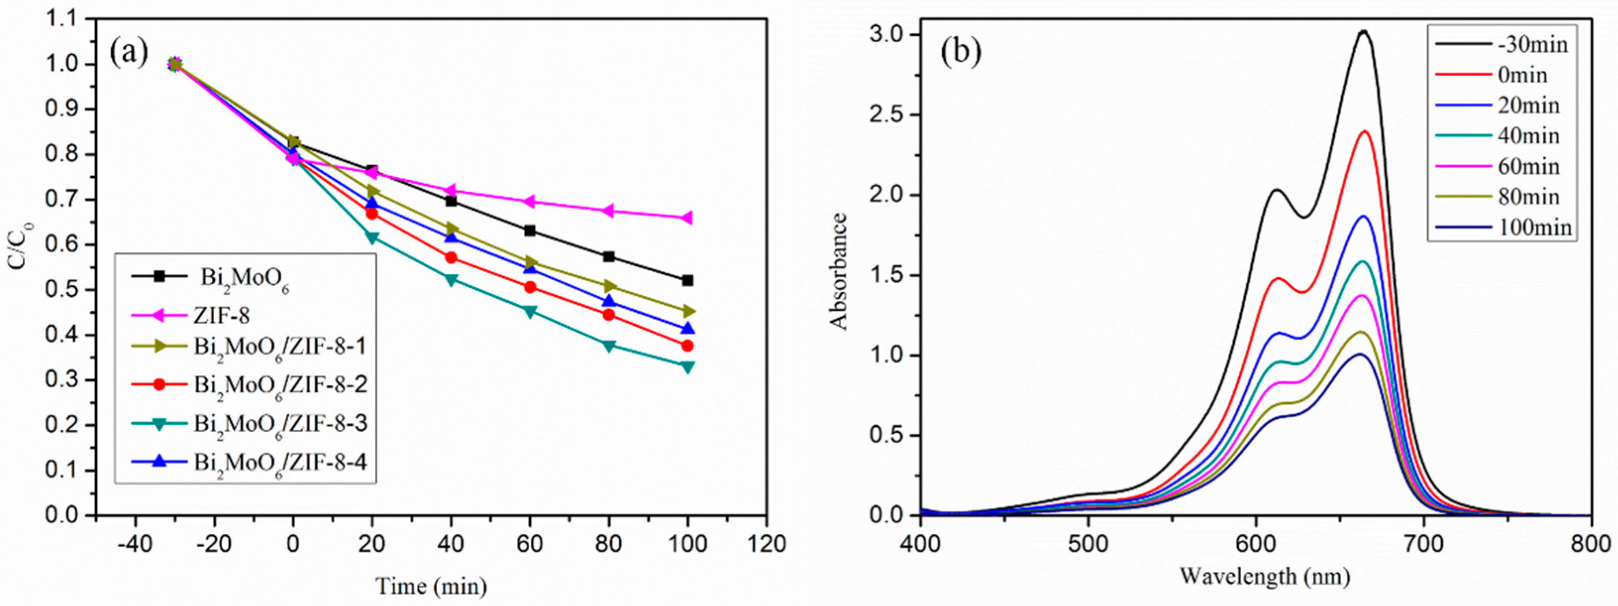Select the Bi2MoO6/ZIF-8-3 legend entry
pyautogui.click(x=280, y=423)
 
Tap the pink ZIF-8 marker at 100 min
pyautogui.click(x=687, y=218)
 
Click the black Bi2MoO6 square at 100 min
pyautogui.click(x=687, y=280)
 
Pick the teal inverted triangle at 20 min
pyautogui.click(x=372, y=237)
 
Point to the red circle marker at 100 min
pyautogui.click(x=687, y=346)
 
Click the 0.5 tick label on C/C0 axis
pyautogui.click(x=63, y=290)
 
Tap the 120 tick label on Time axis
pyautogui.click(x=765, y=544)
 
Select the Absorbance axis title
pyautogui.click(x=839, y=271)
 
